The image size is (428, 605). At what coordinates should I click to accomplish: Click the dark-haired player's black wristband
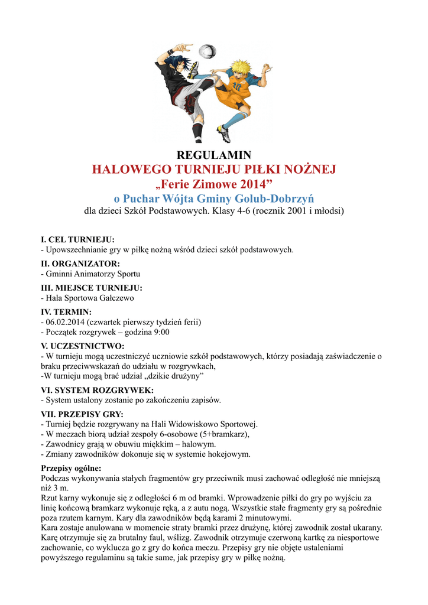click(171, 51)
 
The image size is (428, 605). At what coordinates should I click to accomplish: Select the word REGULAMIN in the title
click(215, 155)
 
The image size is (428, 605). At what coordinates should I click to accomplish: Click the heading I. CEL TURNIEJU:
click(77, 240)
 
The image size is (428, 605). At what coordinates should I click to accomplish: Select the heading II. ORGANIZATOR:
click(80, 264)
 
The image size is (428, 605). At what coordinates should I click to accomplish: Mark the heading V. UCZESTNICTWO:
click(82, 346)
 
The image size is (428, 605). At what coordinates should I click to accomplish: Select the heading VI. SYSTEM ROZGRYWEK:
click(97, 390)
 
